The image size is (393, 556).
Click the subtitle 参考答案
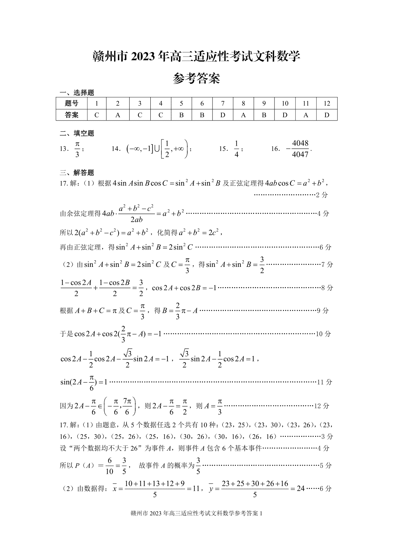[x=196, y=79]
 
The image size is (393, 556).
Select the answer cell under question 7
[x=223, y=115]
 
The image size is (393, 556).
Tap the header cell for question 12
[x=327, y=103]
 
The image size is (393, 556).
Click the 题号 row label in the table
[x=72, y=103]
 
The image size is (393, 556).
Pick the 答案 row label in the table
[x=72, y=115]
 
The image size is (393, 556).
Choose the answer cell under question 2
[x=118, y=115]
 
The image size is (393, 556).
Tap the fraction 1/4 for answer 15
[x=236, y=149]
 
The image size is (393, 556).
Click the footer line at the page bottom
[x=196, y=513]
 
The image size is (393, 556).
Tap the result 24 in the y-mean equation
[x=300, y=489]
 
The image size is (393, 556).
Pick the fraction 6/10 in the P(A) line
[x=109, y=466]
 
